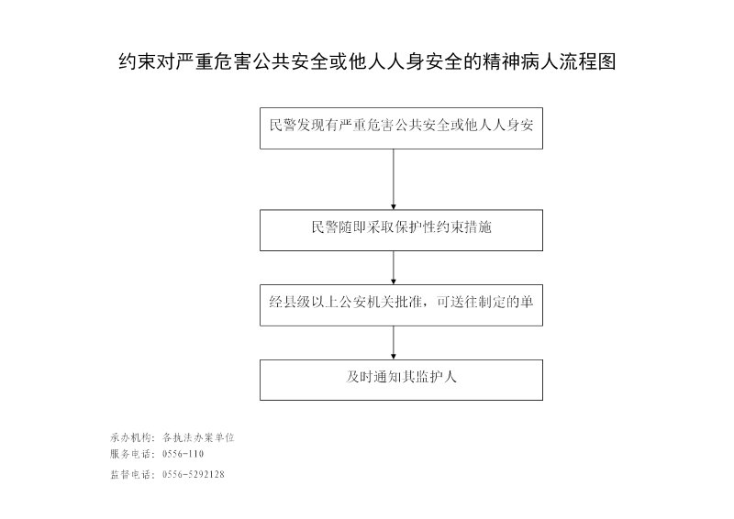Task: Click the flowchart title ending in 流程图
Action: pyautogui.click(x=367, y=61)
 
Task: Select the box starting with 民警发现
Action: pyautogui.click(x=401, y=128)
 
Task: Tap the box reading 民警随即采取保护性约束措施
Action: pyautogui.click(x=401, y=230)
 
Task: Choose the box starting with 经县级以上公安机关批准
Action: pyautogui.click(x=401, y=305)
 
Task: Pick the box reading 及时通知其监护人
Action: pyautogui.click(x=401, y=380)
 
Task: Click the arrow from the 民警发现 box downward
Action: pyautogui.click(x=394, y=179)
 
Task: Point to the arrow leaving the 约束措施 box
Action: pyautogui.click(x=394, y=268)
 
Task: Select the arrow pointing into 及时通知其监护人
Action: pyautogui.click(x=394, y=343)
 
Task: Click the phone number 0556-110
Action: pyautogui.click(x=183, y=454)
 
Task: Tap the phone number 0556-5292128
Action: pyautogui.click(x=194, y=474)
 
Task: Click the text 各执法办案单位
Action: pyautogui.click(x=198, y=437)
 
